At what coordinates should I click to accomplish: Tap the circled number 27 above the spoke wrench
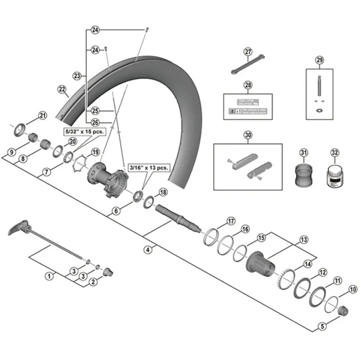click(x=248, y=52)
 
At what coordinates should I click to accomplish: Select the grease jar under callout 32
click(x=334, y=175)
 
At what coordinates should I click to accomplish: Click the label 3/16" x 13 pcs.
click(x=149, y=167)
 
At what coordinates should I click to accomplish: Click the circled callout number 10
click(x=352, y=290)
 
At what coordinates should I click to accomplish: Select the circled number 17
click(x=231, y=221)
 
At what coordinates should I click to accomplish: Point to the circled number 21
click(x=42, y=116)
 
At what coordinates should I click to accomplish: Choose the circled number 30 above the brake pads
click(x=247, y=135)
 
